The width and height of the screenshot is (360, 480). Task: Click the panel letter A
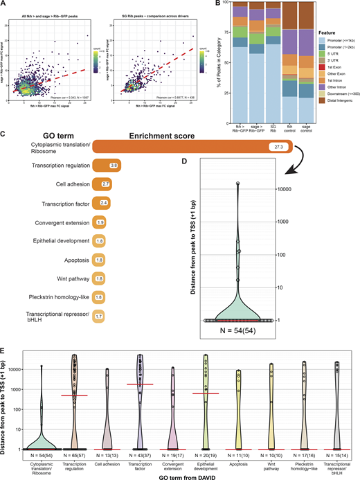[x=4, y=5]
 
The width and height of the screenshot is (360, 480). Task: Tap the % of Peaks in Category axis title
[x=197, y=60]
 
